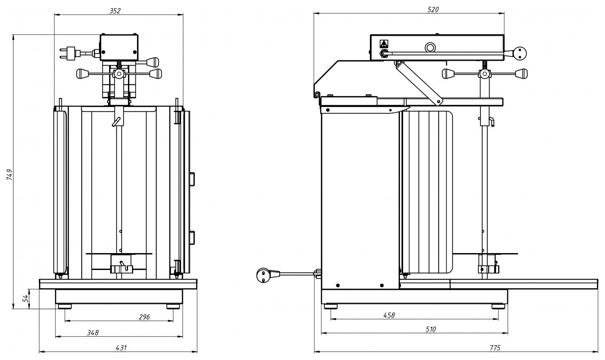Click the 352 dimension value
point(115,11)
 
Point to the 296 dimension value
point(144,317)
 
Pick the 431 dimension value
point(122,348)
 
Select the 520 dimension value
point(433,10)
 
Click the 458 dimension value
point(389,315)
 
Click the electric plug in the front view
point(69,54)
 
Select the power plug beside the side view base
point(264,275)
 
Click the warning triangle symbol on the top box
point(384,44)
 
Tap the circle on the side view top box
point(430,47)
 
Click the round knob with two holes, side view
point(519,54)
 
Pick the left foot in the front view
point(65,306)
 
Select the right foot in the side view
point(498,306)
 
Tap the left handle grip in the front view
point(83,74)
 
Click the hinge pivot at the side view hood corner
point(317,95)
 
